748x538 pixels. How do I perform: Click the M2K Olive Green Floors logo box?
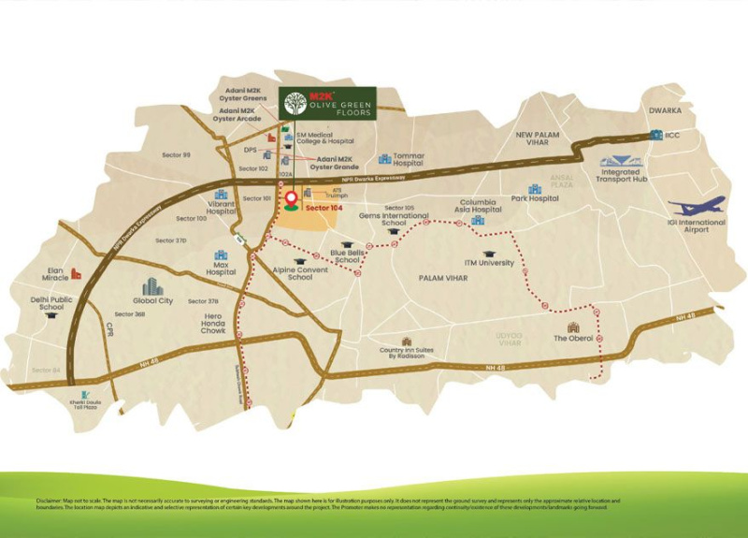coord(327,103)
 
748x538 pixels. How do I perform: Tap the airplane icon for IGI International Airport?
coord(697,207)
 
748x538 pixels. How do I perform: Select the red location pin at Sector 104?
coord(291,198)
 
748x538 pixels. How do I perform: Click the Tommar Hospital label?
coord(409,160)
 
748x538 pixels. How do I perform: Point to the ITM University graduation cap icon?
coord(489,254)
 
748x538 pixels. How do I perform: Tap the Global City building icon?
coord(152,286)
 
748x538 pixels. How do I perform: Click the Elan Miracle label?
coord(56,274)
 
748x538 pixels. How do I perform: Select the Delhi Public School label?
coord(51,303)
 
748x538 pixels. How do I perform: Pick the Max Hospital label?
coord(221,269)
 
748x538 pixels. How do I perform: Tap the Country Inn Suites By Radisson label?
coord(403,354)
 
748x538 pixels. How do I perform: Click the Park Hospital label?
coord(535,198)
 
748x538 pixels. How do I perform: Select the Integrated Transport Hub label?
coord(620,176)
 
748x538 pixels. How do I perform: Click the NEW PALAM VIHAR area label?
coord(538,138)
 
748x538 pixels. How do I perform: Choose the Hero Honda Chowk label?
coord(213,324)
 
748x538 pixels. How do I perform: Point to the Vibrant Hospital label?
coord(221,208)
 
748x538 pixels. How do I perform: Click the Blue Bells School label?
coord(347,256)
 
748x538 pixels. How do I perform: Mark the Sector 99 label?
coord(176,154)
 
